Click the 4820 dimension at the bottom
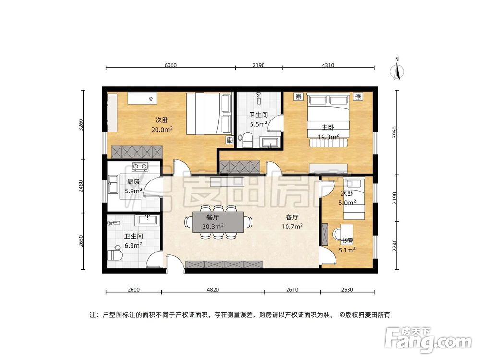pos(212,289)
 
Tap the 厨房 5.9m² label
pos(133,186)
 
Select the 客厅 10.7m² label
pos(292,221)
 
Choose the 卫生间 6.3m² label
pos(133,241)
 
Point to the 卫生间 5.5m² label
pos(258,120)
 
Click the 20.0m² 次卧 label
pos(162,124)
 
